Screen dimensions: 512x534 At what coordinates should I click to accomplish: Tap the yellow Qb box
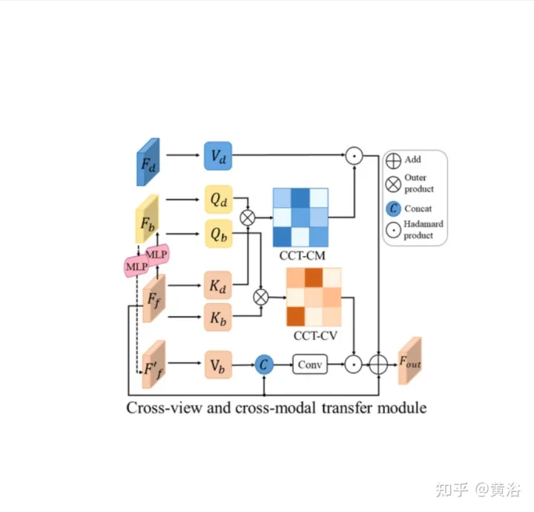click(219, 234)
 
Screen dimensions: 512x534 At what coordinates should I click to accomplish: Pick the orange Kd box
click(219, 284)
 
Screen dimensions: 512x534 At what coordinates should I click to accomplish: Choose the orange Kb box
click(219, 319)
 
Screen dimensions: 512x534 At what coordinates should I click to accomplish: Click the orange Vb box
click(219, 364)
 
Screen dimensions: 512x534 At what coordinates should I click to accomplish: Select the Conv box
click(310, 364)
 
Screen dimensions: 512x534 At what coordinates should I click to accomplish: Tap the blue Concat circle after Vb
click(265, 364)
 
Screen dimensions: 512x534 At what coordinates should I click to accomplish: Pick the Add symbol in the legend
click(394, 160)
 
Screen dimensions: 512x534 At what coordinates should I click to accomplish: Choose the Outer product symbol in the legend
click(394, 183)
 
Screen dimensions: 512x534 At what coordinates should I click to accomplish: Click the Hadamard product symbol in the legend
click(394, 230)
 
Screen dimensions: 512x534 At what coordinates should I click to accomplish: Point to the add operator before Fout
click(378, 364)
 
